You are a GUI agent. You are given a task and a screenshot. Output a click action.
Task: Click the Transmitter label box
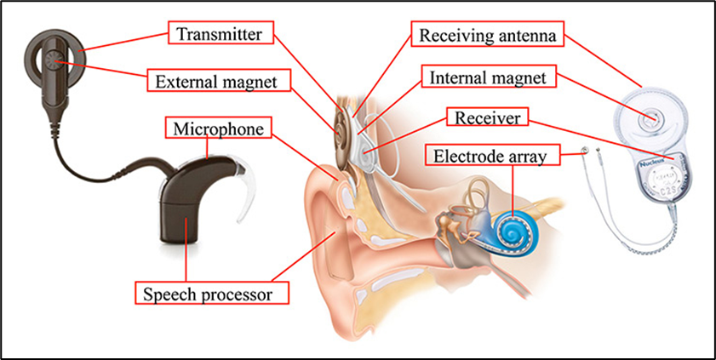(x=224, y=34)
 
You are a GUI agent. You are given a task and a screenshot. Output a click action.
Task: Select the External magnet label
(x=220, y=82)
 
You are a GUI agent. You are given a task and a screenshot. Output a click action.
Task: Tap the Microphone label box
(x=217, y=129)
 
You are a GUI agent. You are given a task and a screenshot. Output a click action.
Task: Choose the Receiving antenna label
(x=488, y=35)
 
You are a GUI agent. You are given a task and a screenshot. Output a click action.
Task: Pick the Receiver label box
(x=487, y=117)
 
